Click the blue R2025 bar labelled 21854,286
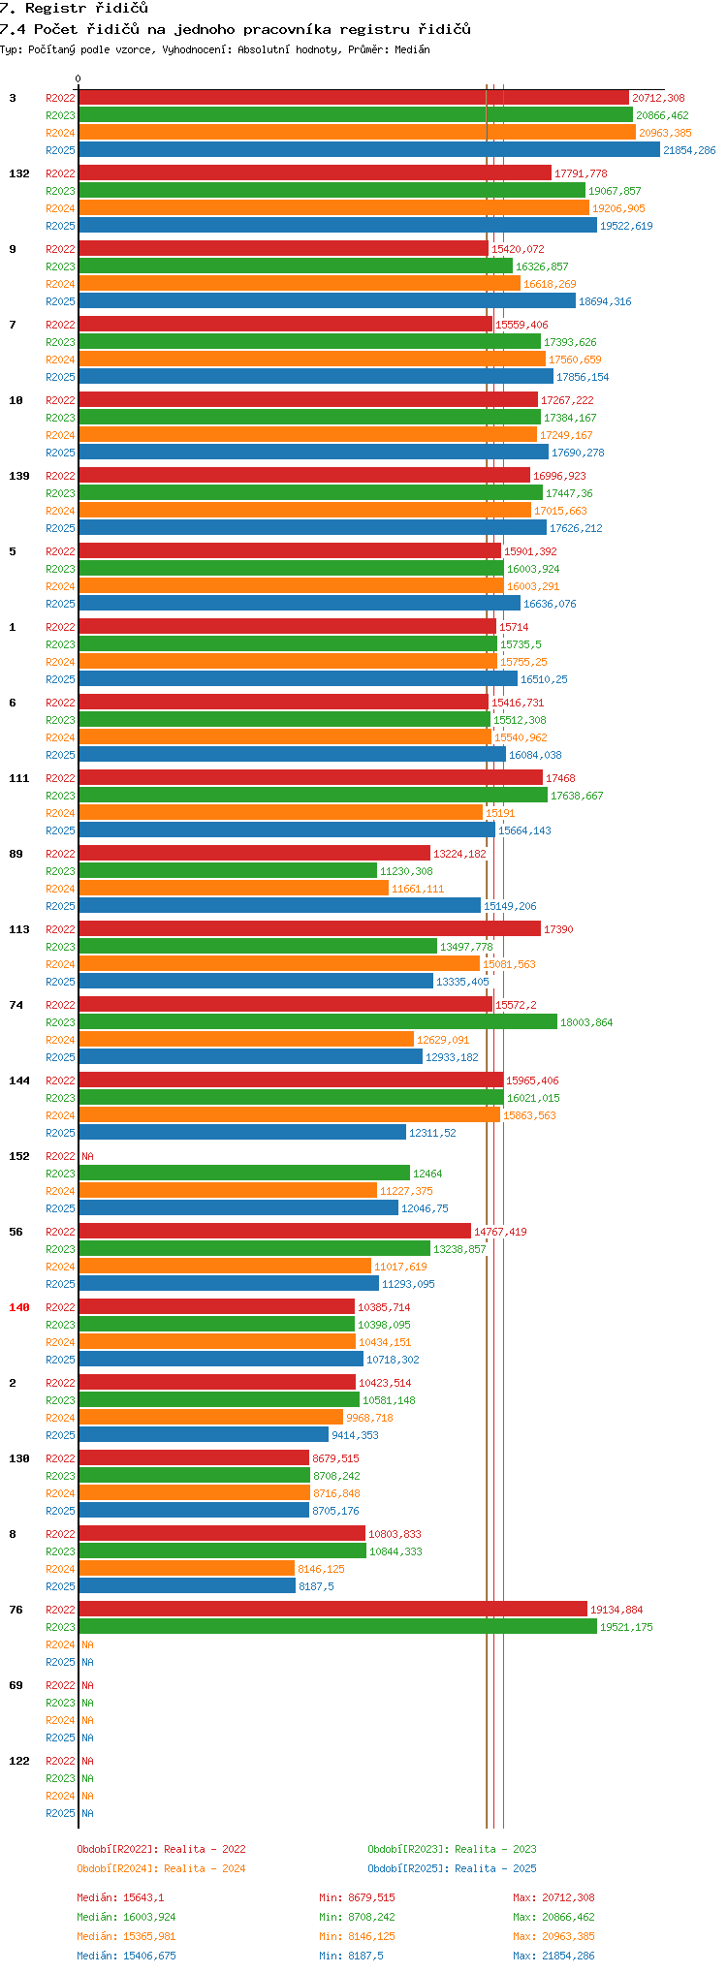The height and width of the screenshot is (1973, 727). pyautogui.click(x=368, y=150)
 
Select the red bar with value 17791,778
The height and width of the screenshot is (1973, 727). pyautogui.click(x=315, y=173)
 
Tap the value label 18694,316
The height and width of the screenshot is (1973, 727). pyautogui.click(x=604, y=301)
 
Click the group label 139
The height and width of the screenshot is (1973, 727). pyautogui.click(x=19, y=476)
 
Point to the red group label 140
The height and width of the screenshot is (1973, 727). pyautogui.click(x=19, y=1307)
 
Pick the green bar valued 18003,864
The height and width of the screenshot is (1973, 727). pyautogui.click(x=318, y=1022)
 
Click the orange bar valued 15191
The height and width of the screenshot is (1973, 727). pyautogui.click(x=280, y=813)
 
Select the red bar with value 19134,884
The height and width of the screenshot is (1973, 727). pyautogui.click(x=332, y=1610)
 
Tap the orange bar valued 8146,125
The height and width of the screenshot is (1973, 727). pyautogui.click(x=186, y=1569)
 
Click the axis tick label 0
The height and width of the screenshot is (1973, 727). pyautogui.click(x=79, y=79)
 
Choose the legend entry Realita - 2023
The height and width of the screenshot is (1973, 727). pyautogui.click(x=452, y=1849)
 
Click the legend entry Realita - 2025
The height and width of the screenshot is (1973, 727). pyautogui.click(x=452, y=1868)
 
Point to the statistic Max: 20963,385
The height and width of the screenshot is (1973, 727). pyautogui.click(x=553, y=1936)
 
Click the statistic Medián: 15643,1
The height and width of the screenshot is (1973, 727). pyautogui.click(x=120, y=1897)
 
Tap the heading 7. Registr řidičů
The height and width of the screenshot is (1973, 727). pyautogui.click(x=75, y=9)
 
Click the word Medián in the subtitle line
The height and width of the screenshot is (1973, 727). pyautogui.click(x=413, y=49)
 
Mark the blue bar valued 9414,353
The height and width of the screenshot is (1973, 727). pyautogui.click(x=204, y=1435)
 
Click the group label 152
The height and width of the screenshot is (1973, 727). pyautogui.click(x=19, y=1156)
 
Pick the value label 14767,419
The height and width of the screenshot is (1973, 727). pyautogui.click(x=500, y=1232)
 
